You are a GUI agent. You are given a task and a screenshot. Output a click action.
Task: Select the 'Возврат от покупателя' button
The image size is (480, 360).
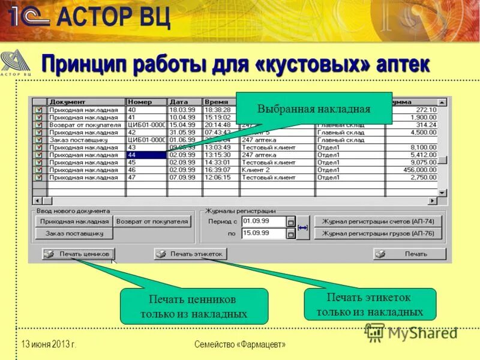pyautogui.click(x=152, y=221)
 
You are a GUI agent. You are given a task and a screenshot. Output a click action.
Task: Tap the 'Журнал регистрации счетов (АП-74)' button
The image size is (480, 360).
pyautogui.click(x=378, y=221)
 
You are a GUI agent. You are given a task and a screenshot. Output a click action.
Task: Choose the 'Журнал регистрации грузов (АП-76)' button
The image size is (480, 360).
pyautogui.click(x=378, y=233)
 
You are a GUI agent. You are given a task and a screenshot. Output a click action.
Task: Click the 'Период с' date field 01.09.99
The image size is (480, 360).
pyautogui.click(x=263, y=221)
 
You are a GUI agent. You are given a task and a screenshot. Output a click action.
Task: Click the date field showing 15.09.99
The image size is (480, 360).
pyautogui.click(x=263, y=233)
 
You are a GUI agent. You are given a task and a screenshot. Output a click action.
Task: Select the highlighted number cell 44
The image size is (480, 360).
pyautogui.click(x=146, y=155)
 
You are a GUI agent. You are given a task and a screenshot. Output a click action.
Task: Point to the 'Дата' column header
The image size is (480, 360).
pyautogui.click(x=184, y=102)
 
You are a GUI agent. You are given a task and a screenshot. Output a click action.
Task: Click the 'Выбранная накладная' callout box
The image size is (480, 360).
pyautogui.click(x=313, y=109)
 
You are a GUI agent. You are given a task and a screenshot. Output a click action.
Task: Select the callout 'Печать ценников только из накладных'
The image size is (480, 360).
pyautogui.click(x=194, y=306)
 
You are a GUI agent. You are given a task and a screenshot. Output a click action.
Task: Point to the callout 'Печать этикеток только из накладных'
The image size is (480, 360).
pyautogui.click(x=370, y=304)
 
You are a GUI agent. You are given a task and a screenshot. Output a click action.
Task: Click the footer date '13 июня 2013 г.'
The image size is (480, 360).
pyautogui.click(x=49, y=344)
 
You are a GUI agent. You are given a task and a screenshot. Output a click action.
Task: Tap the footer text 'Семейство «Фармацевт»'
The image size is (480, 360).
pyautogui.click(x=240, y=344)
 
